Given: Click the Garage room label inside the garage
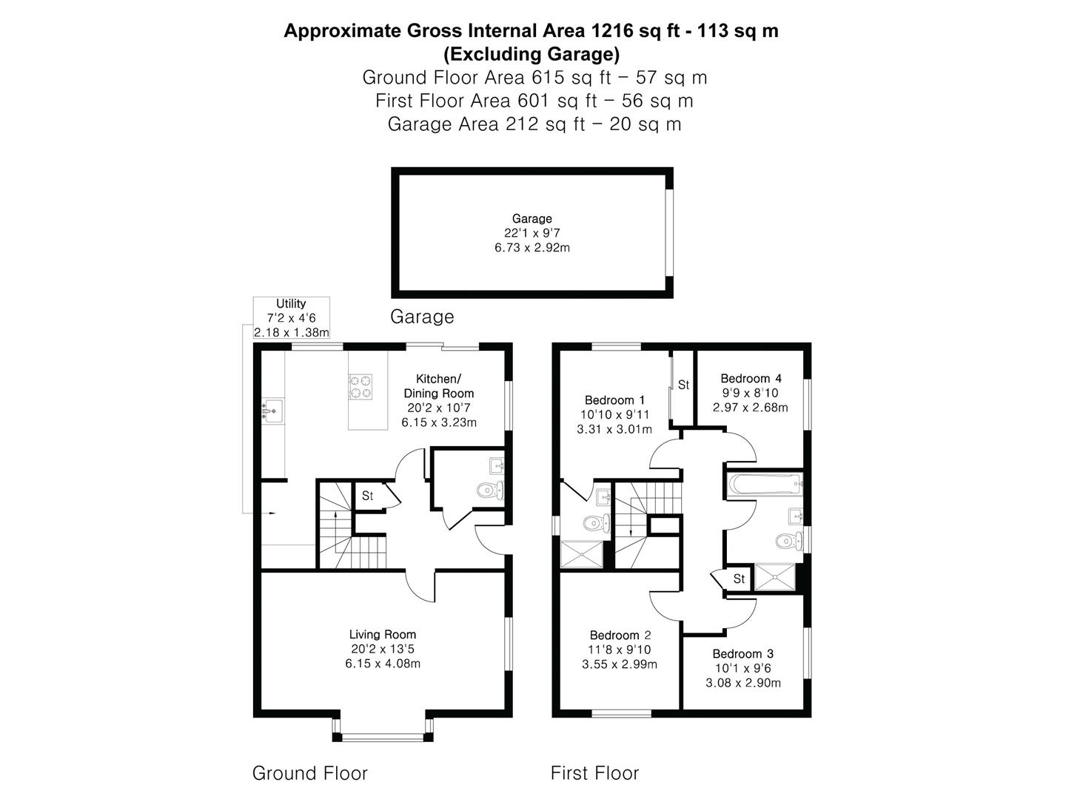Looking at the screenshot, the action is pyautogui.click(x=532, y=218).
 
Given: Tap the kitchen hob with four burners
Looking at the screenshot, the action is pyautogui.click(x=361, y=387).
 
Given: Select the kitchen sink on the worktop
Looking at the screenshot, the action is pyautogui.click(x=272, y=411).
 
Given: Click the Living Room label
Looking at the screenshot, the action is pyautogui.click(x=382, y=635).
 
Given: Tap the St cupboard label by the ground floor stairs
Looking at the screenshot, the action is pyautogui.click(x=367, y=496).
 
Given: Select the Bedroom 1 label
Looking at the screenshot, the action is pyautogui.click(x=614, y=400).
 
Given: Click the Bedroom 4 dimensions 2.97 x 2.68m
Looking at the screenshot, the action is pyautogui.click(x=750, y=408).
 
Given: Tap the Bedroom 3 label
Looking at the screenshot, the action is pyautogui.click(x=742, y=653).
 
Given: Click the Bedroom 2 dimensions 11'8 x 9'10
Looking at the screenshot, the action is pyautogui.click(x=619, y=650).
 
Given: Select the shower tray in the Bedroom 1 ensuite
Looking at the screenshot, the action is pyautogui.click(x=582, y=555).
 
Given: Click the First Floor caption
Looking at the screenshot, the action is pyautogui.click(x=594, y=773).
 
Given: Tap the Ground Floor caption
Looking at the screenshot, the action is pyautogui.click(x=310, y=773).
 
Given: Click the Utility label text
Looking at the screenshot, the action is pyautogui.click(x=291, y=303).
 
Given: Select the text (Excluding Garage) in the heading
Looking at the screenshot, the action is pyautogui.click(x=532, y=54).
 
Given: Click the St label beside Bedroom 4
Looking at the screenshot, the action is pyautogui.click(x=683, y=385).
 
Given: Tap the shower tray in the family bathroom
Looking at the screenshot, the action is pyautogui.click(x=774, y=577).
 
